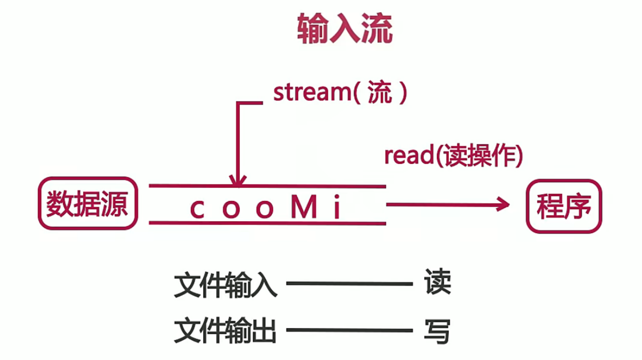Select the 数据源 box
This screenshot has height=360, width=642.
(88, 204)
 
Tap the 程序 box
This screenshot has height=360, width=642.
(563, 206)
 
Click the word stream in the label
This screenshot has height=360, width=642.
(312, 92)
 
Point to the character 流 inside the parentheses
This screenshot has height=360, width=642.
(379, 92)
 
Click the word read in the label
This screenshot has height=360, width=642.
(408, 156)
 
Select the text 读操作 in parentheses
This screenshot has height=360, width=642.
(479, 156)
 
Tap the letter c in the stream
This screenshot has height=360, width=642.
(197, 209)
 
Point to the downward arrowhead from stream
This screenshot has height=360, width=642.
(238, 181)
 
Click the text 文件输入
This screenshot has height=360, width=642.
(226, 285)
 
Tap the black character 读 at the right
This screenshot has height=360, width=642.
(438, 282)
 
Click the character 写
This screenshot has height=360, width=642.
(438, 331)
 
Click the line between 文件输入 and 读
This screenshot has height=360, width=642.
(349, 284)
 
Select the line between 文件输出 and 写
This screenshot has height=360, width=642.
(349, 330)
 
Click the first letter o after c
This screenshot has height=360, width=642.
(231, 209)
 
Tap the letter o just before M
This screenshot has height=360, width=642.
(264, 209)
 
